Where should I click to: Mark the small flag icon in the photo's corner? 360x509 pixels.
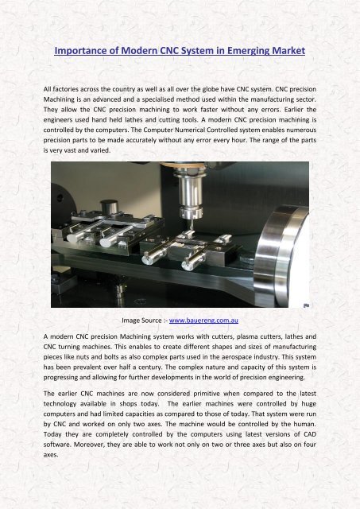[x=306, y=305]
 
